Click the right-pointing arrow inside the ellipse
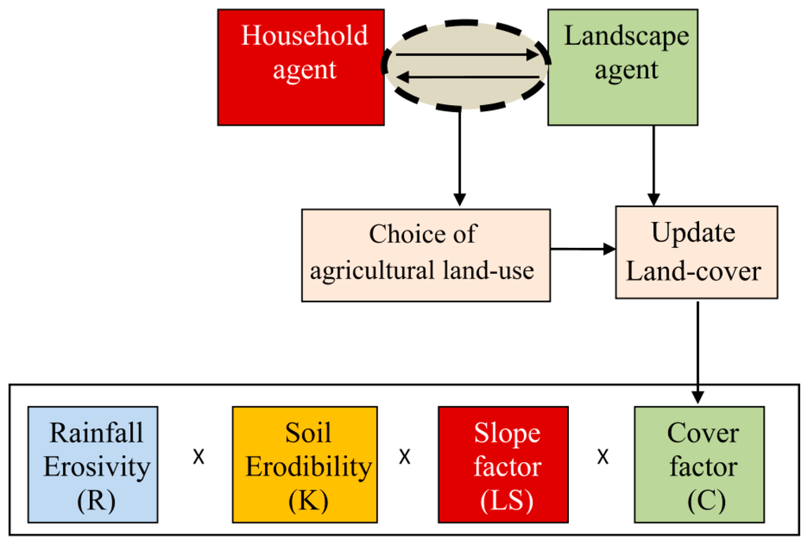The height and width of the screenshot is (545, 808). [x=466, y=55]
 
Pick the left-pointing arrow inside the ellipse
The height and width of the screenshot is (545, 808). [x=466, y=77]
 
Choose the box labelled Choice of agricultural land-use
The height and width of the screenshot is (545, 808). [x=425, y=255]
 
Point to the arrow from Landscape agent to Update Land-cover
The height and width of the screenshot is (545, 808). [x=654, y=166]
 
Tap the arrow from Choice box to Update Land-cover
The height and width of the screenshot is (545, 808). [x=582, y=250]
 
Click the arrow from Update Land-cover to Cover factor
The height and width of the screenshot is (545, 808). [x=698, y=348]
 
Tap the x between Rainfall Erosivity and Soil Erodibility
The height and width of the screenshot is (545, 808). [x=199, y=458]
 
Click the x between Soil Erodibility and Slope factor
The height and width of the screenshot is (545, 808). [x=405, y=458]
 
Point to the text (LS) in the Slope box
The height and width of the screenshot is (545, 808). [x=506, y=501]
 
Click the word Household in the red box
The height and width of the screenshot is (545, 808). [x=305, y=36]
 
